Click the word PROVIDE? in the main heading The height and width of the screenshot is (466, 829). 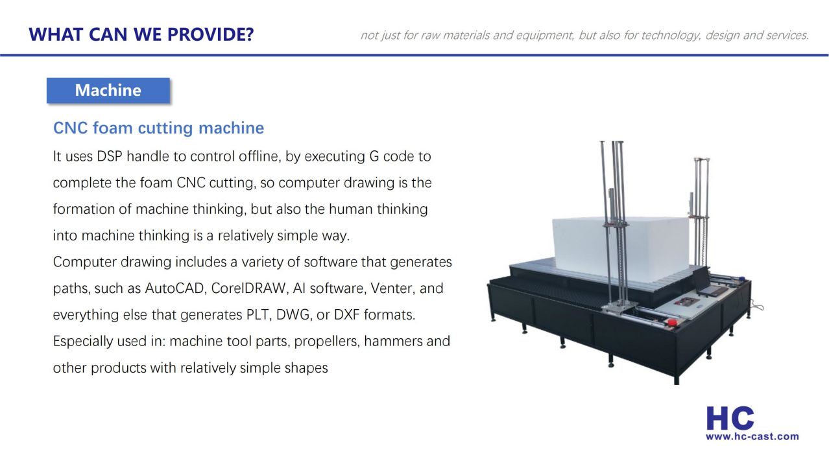pyautogui.click(x=210, y=34)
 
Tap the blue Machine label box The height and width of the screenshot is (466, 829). pyautogui.click(x=108, y=90)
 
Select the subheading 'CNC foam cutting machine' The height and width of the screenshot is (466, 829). pyautogui.click(x=158, y=128)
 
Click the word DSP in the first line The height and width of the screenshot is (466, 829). pyautogui.click(x=110, y=156)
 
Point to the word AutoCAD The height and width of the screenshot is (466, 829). pyautogui.click(x=174, y=288)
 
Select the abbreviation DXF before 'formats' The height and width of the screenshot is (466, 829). pyautogui.click(x=347, y=315)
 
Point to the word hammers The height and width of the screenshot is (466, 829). pyautogui.click(x=393, y=341)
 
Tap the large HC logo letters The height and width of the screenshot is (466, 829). pyautogui.click(x=730, y=418)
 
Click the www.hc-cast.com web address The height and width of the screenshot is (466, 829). pyautogui.click(x=752, y=437)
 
